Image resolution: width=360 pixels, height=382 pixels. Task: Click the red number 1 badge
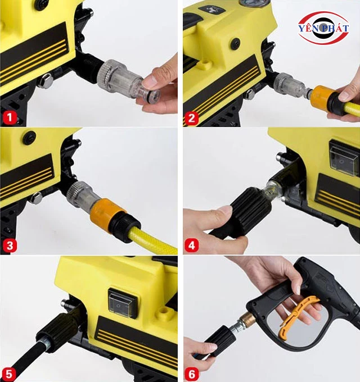point(10,117)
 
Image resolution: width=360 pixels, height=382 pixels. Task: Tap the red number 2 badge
point(192,118)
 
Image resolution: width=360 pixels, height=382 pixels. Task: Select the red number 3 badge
point(10,245)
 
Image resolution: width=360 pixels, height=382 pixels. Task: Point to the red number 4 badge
point(192,245)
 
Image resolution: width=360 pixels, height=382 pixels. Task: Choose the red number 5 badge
point(10,373)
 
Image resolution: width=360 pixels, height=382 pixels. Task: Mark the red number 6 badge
point(192,374)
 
